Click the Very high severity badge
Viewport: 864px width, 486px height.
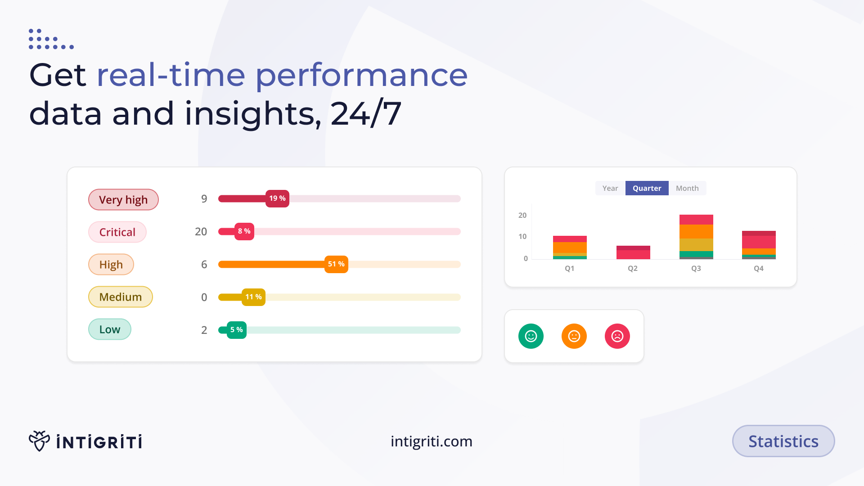[x=123, y=200]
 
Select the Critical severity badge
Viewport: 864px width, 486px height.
[x=117, y=232]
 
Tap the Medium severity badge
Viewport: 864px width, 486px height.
[x=121, y=297]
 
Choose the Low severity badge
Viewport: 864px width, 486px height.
[x=110, y=329]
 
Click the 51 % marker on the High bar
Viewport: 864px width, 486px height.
[x=336, y=264]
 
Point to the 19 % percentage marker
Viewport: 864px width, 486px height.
[x=277, y=198]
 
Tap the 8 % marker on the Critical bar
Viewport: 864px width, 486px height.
[x=244, y=231]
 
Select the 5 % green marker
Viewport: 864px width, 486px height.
[x=236, y=330]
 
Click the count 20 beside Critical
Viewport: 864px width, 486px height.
[x=201, y=232]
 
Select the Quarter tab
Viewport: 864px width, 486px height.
[x=647, y=188]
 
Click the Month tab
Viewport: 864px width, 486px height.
[x=687, y=188]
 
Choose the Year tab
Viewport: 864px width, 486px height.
[x=610, y=188]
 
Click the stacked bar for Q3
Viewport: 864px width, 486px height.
[x=696, y=237]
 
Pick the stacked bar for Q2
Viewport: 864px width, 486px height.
[x=633, y=252]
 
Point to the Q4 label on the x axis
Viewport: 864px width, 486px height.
[x=759, y=269]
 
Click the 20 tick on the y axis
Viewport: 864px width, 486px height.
[x=522, y=216]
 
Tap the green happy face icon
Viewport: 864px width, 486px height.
[x=531, y=336]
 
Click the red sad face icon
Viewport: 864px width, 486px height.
[x=617, y=336]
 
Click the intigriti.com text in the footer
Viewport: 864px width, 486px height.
[x=432, y=441]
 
